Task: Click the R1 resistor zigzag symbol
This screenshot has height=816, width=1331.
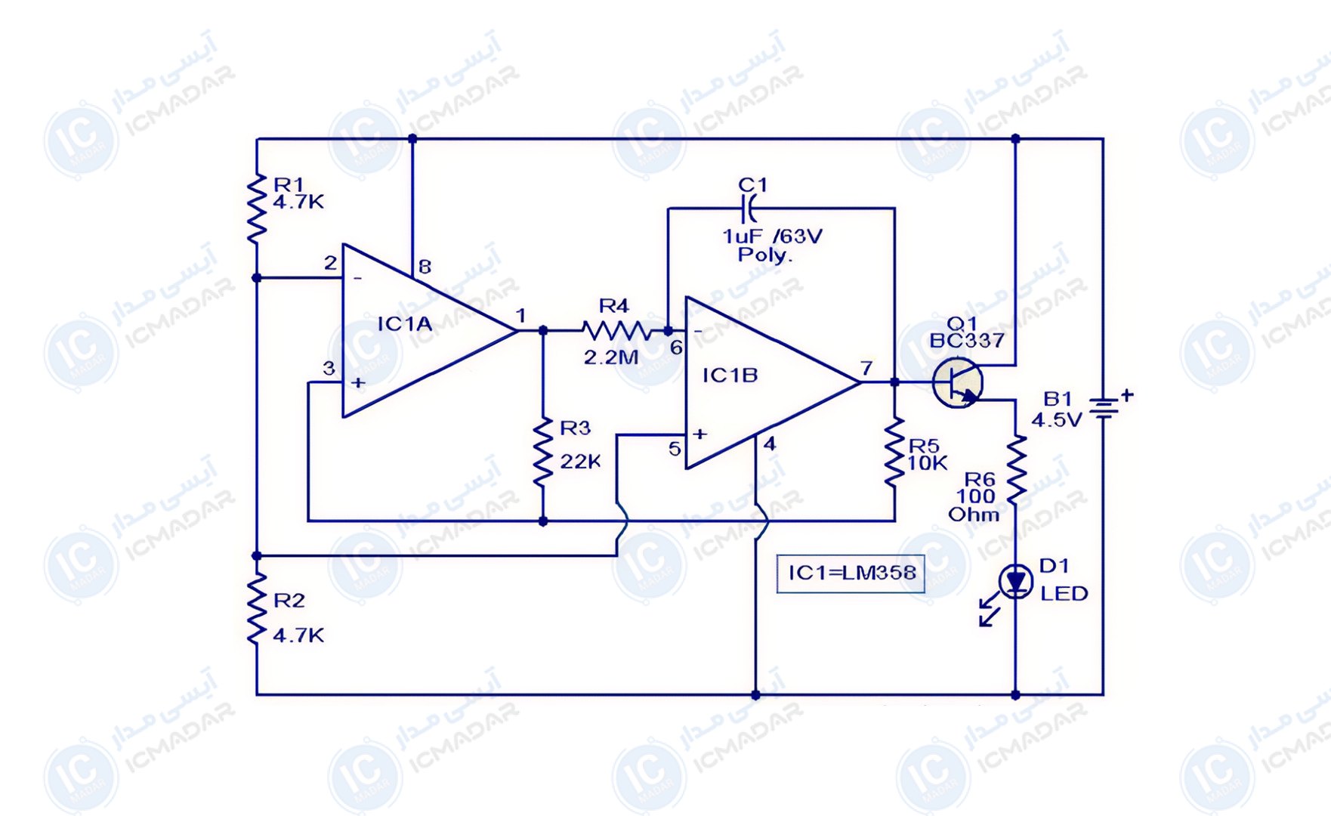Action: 257,208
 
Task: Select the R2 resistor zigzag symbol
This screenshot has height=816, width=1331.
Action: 257,607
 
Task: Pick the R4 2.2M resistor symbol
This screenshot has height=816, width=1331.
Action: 616,330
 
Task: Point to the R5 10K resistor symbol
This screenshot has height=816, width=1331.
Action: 894,452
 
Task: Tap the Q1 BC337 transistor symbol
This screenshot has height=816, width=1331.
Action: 958,382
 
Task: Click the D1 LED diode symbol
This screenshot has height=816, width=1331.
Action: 1015,582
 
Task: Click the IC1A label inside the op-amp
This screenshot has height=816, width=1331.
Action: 405,324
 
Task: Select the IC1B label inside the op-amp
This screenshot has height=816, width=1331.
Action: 730,376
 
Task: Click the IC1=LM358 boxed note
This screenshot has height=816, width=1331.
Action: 851,573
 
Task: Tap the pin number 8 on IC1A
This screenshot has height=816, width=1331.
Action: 425,267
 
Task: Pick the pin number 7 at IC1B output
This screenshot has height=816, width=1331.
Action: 866,368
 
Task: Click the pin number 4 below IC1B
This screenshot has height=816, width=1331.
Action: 769,444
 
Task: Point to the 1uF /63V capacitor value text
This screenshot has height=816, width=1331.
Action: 772,236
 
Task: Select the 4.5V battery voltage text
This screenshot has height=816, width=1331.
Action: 1057,420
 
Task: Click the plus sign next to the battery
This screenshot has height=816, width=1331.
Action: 1127,394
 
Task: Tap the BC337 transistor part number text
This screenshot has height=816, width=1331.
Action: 967,341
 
